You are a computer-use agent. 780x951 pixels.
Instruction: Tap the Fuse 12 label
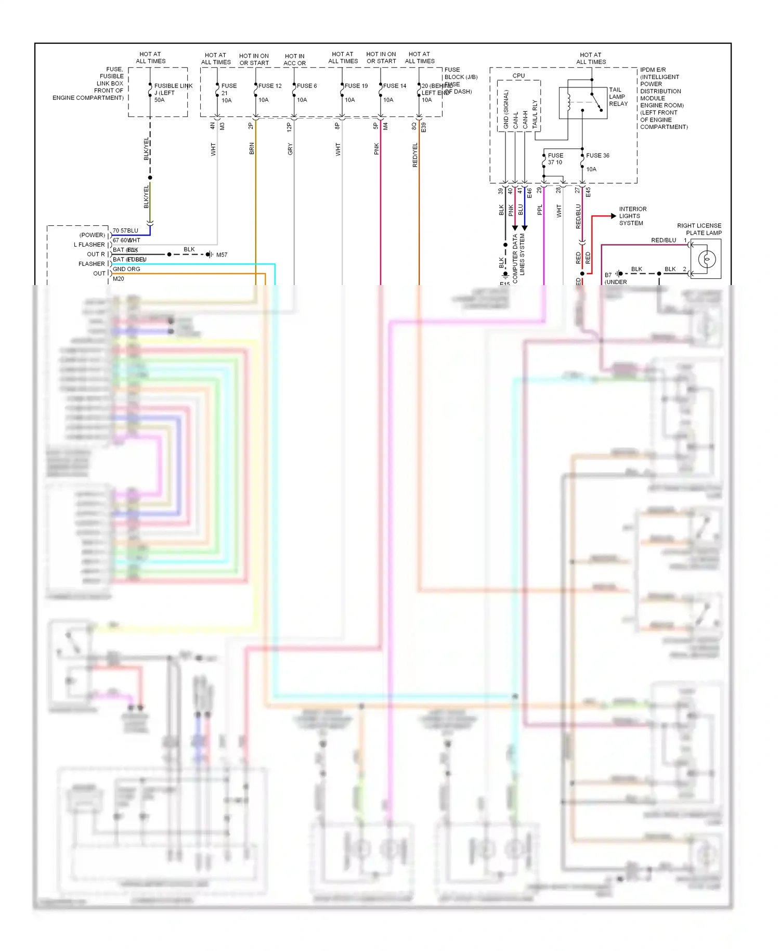pos(270,86)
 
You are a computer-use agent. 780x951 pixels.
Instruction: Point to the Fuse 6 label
pos(307,86)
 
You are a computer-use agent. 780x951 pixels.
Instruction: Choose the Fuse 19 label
pos(356,86)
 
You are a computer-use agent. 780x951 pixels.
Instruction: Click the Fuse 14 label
pos(395,86)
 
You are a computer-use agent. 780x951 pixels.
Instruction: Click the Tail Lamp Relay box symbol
pos(582,102)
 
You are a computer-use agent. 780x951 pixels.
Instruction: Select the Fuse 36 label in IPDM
pos(597,156)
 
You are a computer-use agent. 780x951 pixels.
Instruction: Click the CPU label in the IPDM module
pos(518,76)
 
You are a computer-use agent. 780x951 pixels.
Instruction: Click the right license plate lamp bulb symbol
pos(707,259)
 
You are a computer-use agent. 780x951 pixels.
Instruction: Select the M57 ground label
pos(222,255)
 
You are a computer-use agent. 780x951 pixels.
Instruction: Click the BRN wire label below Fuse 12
pos(252,149)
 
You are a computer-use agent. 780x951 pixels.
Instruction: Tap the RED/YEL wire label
pos(415,155)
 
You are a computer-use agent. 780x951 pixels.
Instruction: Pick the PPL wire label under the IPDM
pos(540,210)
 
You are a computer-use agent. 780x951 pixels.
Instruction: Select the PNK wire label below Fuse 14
pos(376,149)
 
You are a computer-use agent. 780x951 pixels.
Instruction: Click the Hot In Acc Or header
pos(294,60)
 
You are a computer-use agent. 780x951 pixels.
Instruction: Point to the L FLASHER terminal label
pos(89,245)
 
